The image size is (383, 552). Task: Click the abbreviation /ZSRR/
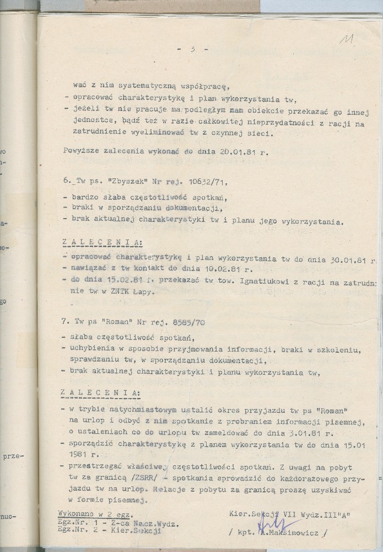[x=132, y=479]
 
